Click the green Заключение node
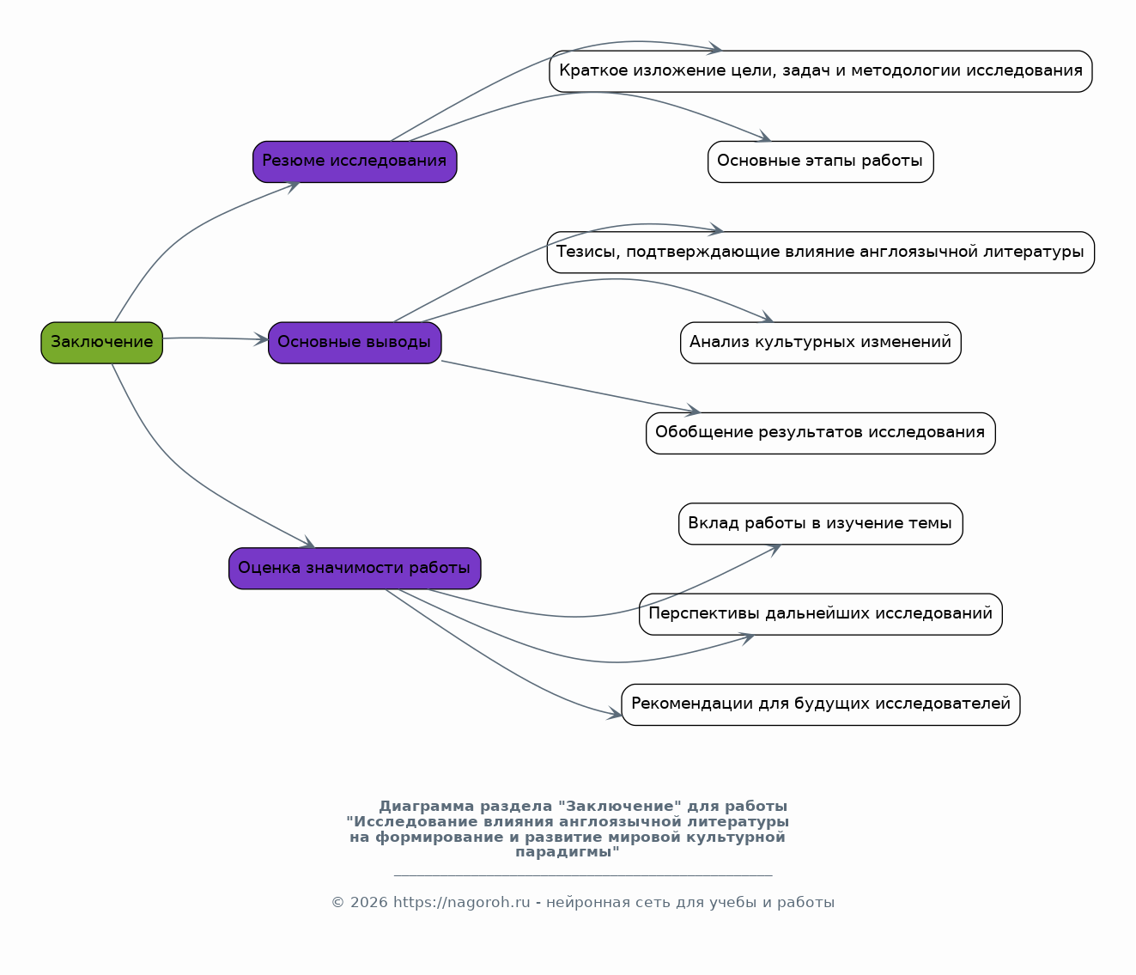pos(101,343)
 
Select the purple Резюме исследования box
pos(355,161)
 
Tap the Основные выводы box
pos(355,343)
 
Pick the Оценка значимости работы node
pos(355,568)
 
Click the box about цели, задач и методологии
pos(821,71)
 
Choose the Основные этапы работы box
pos(821,161)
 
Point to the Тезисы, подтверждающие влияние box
pos(821,253)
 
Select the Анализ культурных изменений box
pos(821,343)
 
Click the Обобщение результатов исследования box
pos(821,433)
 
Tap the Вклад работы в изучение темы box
pos(821,523)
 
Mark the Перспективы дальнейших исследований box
pos(821,614)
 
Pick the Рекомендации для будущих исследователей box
pos(821,704)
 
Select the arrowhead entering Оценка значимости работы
pos(307,543)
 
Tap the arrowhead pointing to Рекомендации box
pos(615,713)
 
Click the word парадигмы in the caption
pos(568,852)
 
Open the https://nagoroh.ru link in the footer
pos(462,902)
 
